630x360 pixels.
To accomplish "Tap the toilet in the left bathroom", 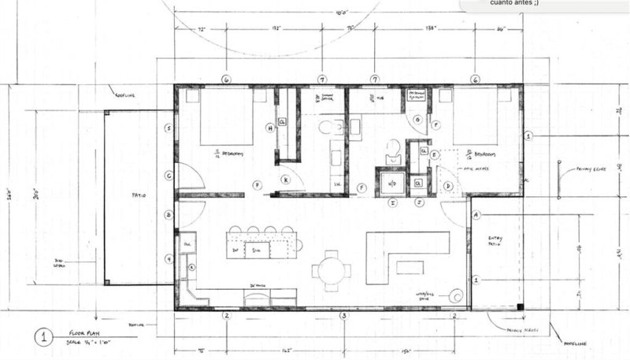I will pos(331,127).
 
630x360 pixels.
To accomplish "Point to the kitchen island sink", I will pos(255,250).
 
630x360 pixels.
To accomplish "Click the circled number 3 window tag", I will pos(343,316).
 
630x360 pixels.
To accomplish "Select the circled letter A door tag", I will pos(476,214).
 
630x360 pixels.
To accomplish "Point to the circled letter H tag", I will pos(270,128).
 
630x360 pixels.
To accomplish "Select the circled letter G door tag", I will pos(417,120).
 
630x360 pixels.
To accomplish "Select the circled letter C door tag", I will pos(169,176).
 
